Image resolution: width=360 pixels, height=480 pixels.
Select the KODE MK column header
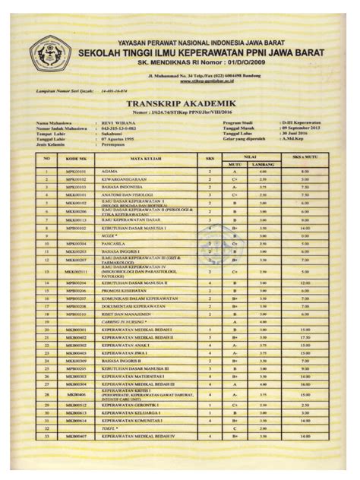point(76,158)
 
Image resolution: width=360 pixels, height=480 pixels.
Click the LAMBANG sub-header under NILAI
point(262,163)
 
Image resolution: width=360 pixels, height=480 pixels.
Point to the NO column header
point(46,158)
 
